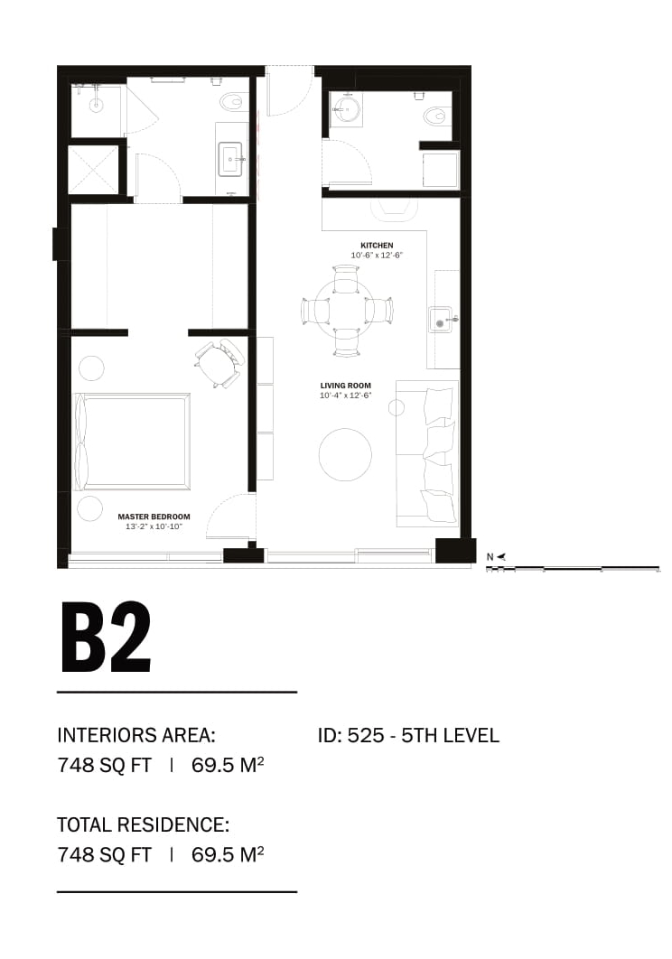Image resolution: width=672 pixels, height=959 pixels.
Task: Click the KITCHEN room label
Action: click(x=377, y=246)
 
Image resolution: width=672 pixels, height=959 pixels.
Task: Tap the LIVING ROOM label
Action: click(x=345, y=386)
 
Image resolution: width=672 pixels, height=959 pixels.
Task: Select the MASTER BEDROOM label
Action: click(x=154, y=517)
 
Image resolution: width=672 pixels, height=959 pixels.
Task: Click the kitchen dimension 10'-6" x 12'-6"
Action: click(x=377, y=255)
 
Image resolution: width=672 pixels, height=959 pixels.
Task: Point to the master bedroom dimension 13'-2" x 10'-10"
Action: click(x=154, y=526)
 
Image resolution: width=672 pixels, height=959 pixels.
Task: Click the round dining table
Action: click(x=347, y=311)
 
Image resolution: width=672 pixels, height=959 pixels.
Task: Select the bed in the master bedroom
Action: click(x=132, y=441)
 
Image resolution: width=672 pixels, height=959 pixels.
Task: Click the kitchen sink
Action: click(x=441, y=319)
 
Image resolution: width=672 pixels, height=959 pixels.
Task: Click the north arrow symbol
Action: click(x=500, y=556)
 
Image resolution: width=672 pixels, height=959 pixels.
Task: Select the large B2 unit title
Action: click(x=106, y=638)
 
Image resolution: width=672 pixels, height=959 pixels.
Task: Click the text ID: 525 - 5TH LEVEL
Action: click(x=408, y=735)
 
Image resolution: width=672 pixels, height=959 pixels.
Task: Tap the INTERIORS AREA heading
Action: click(x=135, y=735)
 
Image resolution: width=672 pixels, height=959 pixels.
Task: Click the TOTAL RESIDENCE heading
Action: click(x=144, y=824)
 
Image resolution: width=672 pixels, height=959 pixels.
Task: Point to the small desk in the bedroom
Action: click(x=218, y=363)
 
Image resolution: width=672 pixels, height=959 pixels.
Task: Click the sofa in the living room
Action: click(x=427, y=453)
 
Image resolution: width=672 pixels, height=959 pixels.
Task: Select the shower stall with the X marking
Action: click(x=93, y=170)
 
